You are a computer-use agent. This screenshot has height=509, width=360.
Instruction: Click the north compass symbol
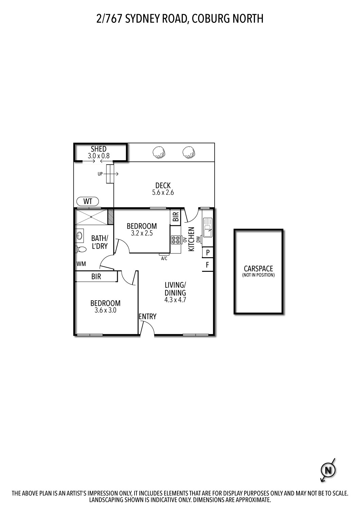pyautogui.click(x=328, y=470)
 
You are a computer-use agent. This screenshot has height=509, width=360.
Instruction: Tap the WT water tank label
pyautogui.click(x=88, y=201)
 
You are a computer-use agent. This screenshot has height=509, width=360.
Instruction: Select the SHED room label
pyautogui.click(x=98, y=149)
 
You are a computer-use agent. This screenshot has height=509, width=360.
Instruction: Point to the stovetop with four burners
pyautogui.click(x=176, y=240)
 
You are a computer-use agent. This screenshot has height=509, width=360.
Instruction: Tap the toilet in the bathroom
pyautogui.click(x=82, y=249)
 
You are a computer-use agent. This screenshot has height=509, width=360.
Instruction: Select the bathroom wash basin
pyautogui.click(x=80, y=235)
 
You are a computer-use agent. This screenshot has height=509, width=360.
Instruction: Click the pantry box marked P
pyautogui.click(x=208, y=253)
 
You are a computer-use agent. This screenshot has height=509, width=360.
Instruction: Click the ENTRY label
pyautogui.click(x=147, y=316)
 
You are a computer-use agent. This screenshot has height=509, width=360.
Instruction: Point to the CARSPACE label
pyautogui.click(x=258, y=269)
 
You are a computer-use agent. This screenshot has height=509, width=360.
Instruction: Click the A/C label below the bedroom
pyautogui.click(x=164, y=258)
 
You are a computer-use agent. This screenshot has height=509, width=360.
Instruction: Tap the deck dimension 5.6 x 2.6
pyautogui.click(x=163, y=192)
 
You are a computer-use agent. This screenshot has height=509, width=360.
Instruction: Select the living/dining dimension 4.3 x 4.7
pyautogui.click(x=175, y=300)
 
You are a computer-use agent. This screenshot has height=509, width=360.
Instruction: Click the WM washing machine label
pyautogui.click(x=81, y=264)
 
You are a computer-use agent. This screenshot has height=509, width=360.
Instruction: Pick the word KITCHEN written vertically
pyautogui.click(x=191, y=239)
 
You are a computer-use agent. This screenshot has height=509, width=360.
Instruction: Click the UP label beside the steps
pyautogui.click(x=100, y=174)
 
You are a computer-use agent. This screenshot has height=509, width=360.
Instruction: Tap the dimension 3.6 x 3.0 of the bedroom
pyautogui.click(x=105, y=310)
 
